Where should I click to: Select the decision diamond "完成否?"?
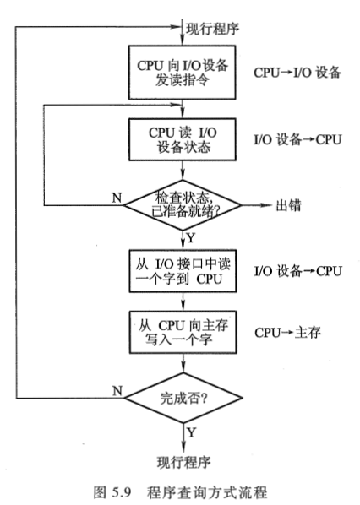183,395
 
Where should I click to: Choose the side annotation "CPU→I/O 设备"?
297,73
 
